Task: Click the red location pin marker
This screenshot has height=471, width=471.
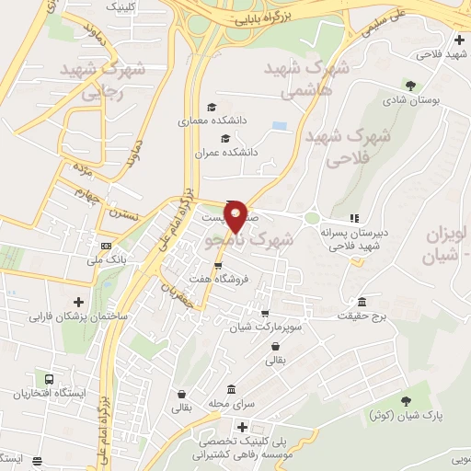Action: click(235, 216)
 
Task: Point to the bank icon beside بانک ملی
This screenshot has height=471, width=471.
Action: click(106, 246)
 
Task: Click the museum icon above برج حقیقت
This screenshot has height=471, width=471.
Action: click(362, 303)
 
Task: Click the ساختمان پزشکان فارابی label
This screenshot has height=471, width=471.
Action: click(80, 316)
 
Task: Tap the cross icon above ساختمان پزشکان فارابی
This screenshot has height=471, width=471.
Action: click(78, 302)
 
